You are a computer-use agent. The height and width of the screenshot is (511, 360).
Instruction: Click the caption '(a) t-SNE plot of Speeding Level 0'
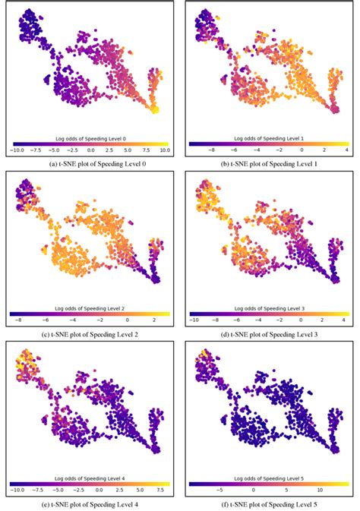(x=90, y=162)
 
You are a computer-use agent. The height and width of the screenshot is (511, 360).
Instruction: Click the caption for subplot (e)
(x=90, y=503)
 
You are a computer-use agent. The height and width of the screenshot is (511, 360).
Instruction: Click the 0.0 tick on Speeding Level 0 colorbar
(x=90, y=150)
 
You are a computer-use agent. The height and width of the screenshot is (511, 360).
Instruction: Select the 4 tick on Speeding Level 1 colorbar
(x=346, y=150)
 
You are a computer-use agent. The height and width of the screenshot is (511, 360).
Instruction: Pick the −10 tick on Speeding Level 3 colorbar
(x=196, y=320)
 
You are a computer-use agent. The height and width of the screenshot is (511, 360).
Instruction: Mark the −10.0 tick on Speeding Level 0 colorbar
(x=17, y=150)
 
